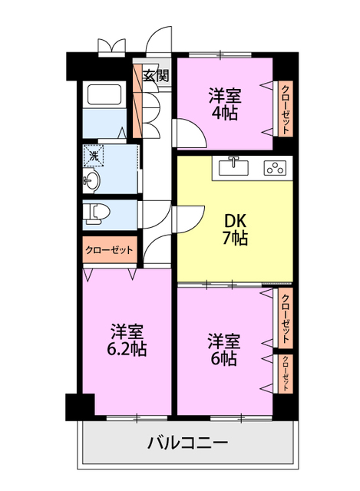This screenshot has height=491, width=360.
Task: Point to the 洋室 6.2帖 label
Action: point(127,340)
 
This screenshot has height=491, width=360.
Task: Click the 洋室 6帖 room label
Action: point(223,349)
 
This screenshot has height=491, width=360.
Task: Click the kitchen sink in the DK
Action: point(235,166)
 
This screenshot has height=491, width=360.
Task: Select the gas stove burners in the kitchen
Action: point(274,166)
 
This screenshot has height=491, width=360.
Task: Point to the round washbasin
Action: point(93,181)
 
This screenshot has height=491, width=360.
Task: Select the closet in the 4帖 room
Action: point(284,107)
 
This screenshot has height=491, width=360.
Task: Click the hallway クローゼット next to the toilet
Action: point(109,250)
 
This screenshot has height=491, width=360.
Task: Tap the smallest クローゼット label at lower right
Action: point(285,373)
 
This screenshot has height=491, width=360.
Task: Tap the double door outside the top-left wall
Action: point(112,46)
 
